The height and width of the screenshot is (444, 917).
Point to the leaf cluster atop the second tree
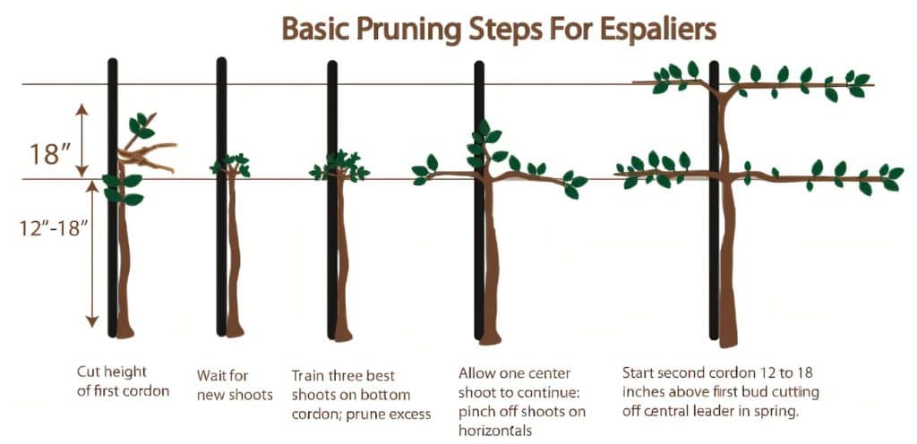231,165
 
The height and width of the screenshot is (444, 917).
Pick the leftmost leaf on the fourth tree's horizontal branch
418,170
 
